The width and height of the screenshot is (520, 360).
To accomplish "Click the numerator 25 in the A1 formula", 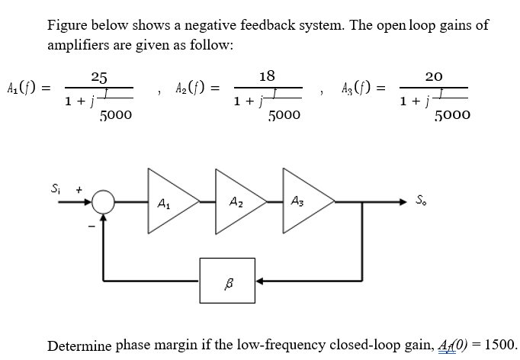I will pyautogui.click(x=98, y=77).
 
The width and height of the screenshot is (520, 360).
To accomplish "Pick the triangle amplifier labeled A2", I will pyautogui.click(x=233, y=203).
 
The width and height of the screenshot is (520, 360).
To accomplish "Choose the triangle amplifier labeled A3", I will pyautogui.click(x=302, y=203).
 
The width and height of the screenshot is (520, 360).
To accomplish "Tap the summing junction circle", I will pyautogui.click(x=104, y=203).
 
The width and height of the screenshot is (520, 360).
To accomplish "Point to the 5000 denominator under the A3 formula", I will pyautogui.click(x=452, y=115).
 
